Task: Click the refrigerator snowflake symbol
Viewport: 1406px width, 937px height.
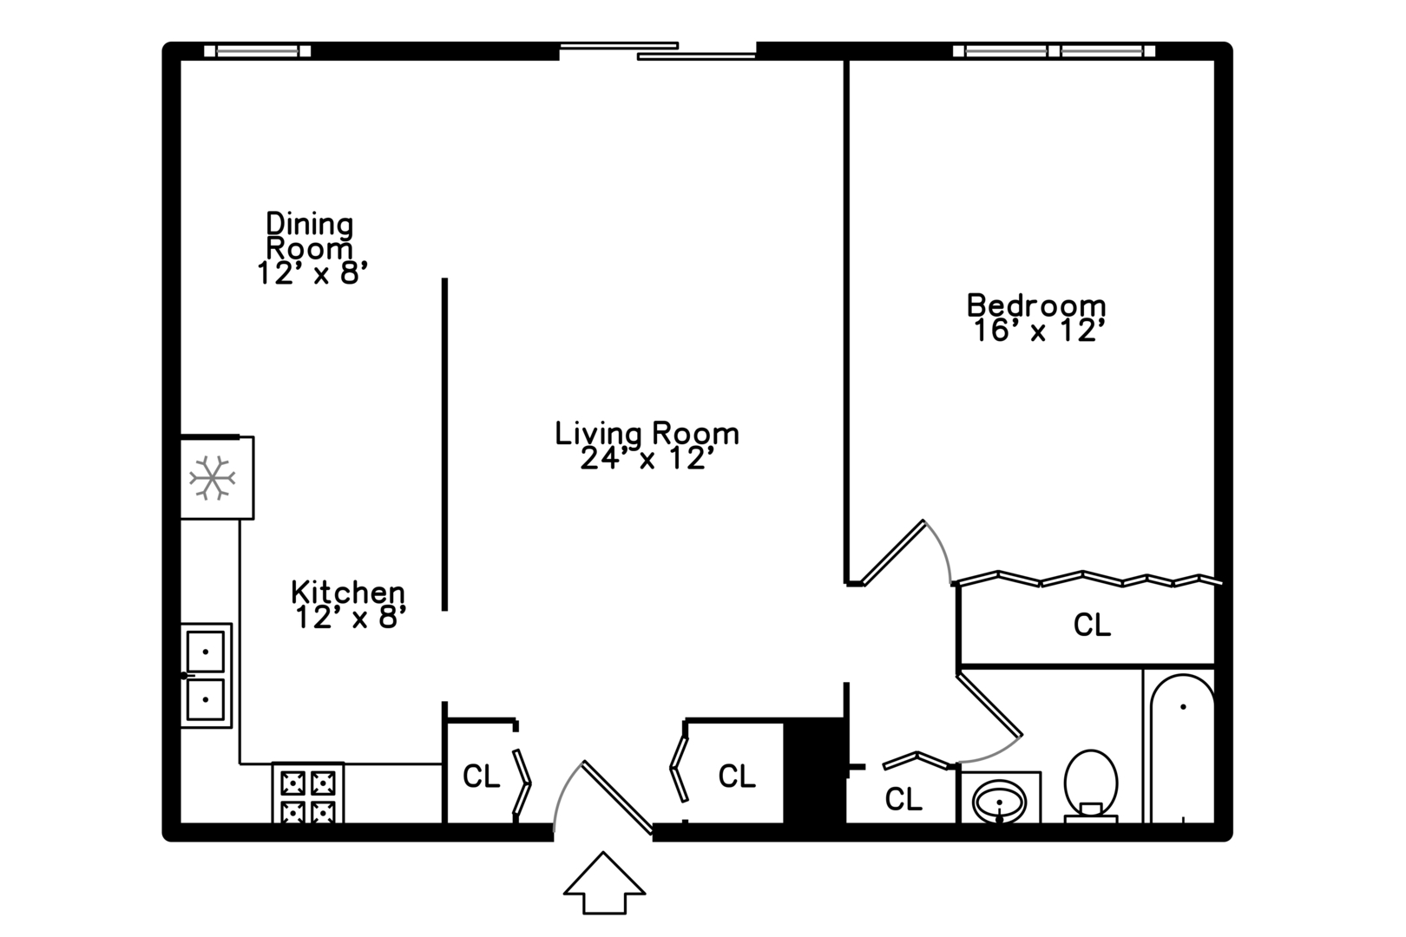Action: (212, 478)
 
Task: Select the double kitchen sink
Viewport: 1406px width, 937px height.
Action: (207, 675)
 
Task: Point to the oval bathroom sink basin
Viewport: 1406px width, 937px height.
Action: (999, 802)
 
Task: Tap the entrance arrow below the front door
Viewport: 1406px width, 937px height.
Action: (604, 882)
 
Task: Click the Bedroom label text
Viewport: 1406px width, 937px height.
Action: (1036, 305)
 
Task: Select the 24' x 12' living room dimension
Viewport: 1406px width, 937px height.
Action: (647, 459)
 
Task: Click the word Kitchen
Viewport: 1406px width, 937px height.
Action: (348, 593)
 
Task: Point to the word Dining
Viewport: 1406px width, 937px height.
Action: (310, 224)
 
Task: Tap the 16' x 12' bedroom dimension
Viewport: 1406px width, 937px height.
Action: (1039, 331)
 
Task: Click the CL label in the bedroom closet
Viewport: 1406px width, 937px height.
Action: (1092, 625)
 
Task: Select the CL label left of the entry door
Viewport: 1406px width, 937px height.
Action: (482, 776)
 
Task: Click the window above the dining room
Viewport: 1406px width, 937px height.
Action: (258, 51)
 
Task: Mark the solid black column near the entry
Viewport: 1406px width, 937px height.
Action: (814, 770)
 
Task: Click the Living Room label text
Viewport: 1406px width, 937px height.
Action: (647, 434)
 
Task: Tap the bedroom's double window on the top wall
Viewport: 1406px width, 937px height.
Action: (1054, 51)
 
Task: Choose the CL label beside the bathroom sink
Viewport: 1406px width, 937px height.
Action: (903, 799)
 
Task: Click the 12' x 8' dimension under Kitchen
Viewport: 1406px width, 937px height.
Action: (351, 618)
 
